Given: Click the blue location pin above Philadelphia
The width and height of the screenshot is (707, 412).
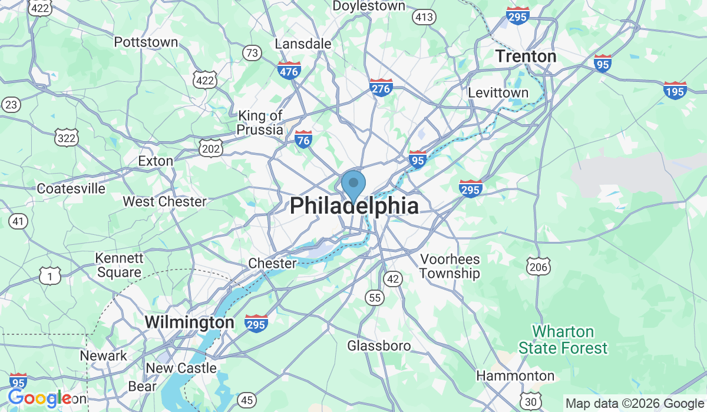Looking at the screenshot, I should coord(353,184).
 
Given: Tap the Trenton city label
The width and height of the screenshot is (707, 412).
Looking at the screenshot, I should coord(526,57).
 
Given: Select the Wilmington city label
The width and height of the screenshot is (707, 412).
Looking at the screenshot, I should coord(189,323).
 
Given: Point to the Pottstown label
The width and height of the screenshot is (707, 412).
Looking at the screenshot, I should coord(146,42).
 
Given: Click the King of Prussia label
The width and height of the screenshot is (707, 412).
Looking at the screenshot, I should coord(260,122).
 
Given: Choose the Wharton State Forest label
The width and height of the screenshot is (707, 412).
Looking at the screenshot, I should coord(563,340).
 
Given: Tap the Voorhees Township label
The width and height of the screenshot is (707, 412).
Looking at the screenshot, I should coord(450,266).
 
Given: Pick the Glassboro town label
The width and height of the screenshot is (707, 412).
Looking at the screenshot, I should coord(379,345).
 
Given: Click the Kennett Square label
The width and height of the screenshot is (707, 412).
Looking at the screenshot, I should coord(120,265).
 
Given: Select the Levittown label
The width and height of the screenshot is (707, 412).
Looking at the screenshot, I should coord(498,93).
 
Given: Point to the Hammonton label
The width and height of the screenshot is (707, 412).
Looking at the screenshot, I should coord(515,376).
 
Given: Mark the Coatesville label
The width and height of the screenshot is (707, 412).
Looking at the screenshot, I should coord(71,189).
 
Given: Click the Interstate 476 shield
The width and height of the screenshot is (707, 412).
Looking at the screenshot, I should coord(289,71).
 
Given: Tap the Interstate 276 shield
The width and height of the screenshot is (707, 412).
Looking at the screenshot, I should coord(381,88).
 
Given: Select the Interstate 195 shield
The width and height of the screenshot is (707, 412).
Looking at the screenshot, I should coord(675,90).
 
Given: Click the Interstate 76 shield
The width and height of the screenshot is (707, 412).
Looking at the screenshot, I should coord(303,139).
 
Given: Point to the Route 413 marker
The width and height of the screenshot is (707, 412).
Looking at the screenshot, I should coord(424,17).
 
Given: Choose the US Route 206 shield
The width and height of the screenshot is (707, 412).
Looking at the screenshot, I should coord(539,267).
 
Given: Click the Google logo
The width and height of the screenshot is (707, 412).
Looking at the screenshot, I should coord(39,398).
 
